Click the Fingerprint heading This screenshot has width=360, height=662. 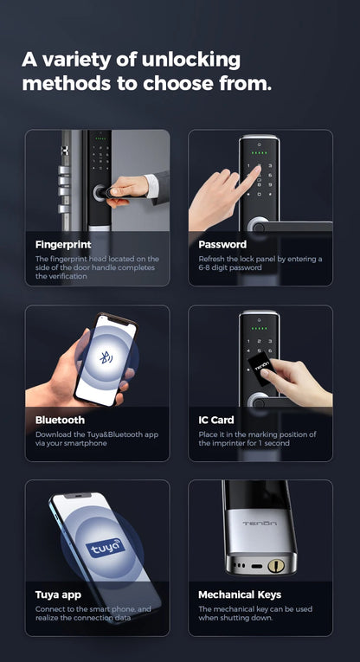point(63,245)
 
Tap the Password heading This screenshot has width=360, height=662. point(222,245)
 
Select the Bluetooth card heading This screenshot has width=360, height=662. point(60,420)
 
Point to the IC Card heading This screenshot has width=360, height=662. point(217,420)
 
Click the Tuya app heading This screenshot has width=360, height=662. point(59,595)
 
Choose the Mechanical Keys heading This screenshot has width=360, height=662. point(240,595)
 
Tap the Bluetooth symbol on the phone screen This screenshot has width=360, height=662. point(105,357)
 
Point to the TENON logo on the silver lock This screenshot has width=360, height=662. point(259,524)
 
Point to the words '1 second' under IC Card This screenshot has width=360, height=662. point(273,443)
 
